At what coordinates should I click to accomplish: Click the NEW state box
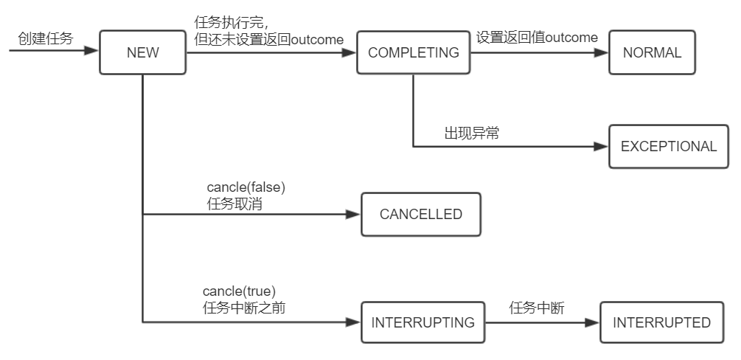pos(142,52)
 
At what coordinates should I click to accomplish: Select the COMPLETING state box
pos(413,52)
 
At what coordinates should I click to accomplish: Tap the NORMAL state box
pos(652,52)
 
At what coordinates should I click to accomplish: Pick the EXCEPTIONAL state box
pos(668,146)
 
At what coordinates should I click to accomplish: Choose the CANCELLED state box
pos(420,215)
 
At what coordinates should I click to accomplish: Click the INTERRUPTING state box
pos(422,322)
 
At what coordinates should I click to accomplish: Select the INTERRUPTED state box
pos(661,322)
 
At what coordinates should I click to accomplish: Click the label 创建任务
pos(46,38)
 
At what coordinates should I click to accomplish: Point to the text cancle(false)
pos(246,188)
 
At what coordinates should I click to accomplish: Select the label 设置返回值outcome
pos(536,38)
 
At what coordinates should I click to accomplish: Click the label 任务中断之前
pos(243,308)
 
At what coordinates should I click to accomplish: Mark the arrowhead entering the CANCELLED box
pos(353,215)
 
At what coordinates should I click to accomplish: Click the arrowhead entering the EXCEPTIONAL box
pos(601,146)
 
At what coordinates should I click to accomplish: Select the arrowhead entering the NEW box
pos(91,51)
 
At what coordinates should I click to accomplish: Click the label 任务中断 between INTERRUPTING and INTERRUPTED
pos(537,308)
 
